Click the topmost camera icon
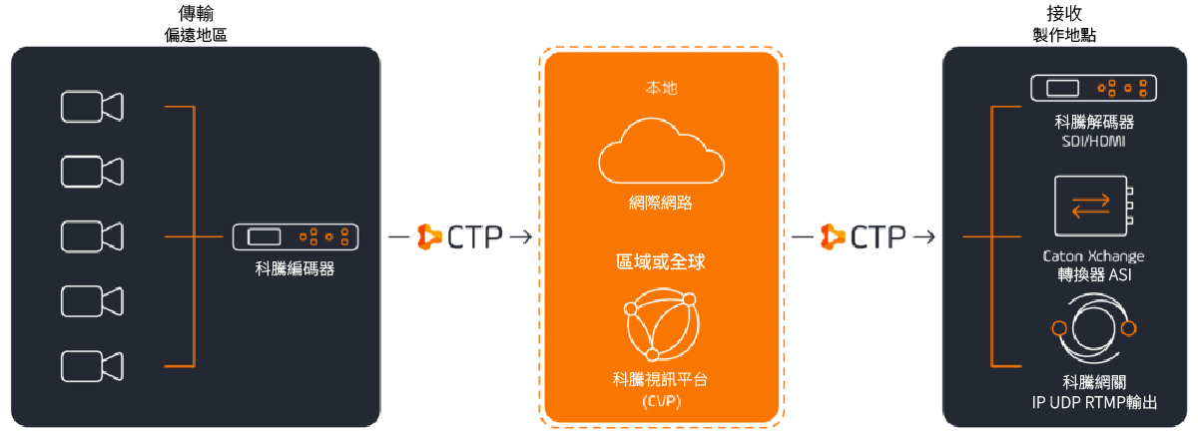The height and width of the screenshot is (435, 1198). [91, 107]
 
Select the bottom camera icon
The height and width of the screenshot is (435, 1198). [91, 365]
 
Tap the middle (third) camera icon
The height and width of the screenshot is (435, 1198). [91, 236]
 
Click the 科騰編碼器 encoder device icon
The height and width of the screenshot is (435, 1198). [296, 236]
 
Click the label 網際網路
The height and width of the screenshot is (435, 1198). [661, 204]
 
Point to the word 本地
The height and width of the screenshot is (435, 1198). [661, 88]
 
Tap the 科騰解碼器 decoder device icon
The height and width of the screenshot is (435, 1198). [1095, 88]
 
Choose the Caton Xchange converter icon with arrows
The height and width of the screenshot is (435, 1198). [1094, 207]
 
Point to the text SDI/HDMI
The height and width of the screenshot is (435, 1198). [1094, 141]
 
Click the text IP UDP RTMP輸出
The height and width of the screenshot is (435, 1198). [1094, 402]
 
